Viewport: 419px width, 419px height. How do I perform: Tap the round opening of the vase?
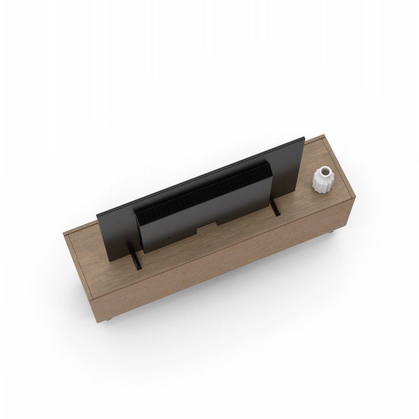[322, 171]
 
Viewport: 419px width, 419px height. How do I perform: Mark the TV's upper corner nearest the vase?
[305, 137]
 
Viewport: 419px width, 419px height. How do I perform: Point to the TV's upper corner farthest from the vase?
[97, 216]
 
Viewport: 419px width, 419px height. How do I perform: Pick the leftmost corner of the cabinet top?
[64, 234]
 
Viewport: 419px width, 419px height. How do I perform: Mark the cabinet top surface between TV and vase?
[299, 202]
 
